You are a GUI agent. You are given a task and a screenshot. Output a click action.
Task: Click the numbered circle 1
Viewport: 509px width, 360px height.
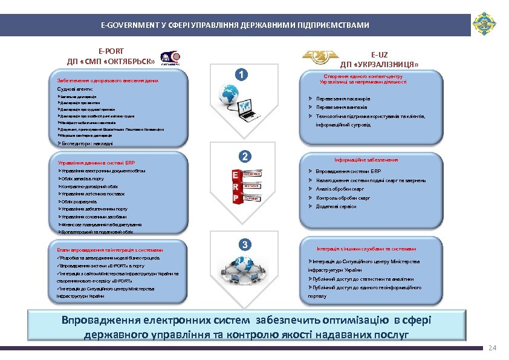[241, 74]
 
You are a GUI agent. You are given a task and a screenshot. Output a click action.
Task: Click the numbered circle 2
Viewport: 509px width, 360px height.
[244, 156]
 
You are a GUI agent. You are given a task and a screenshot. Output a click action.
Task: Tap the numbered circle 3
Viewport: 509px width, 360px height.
[245, 244]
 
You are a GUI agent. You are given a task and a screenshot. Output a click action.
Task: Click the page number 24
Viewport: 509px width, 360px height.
[491, 349]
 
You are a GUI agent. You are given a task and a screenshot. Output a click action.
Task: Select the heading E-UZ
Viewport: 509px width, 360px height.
[380, 54]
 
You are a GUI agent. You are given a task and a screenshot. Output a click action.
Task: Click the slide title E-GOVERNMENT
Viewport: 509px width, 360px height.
[235, 25]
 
